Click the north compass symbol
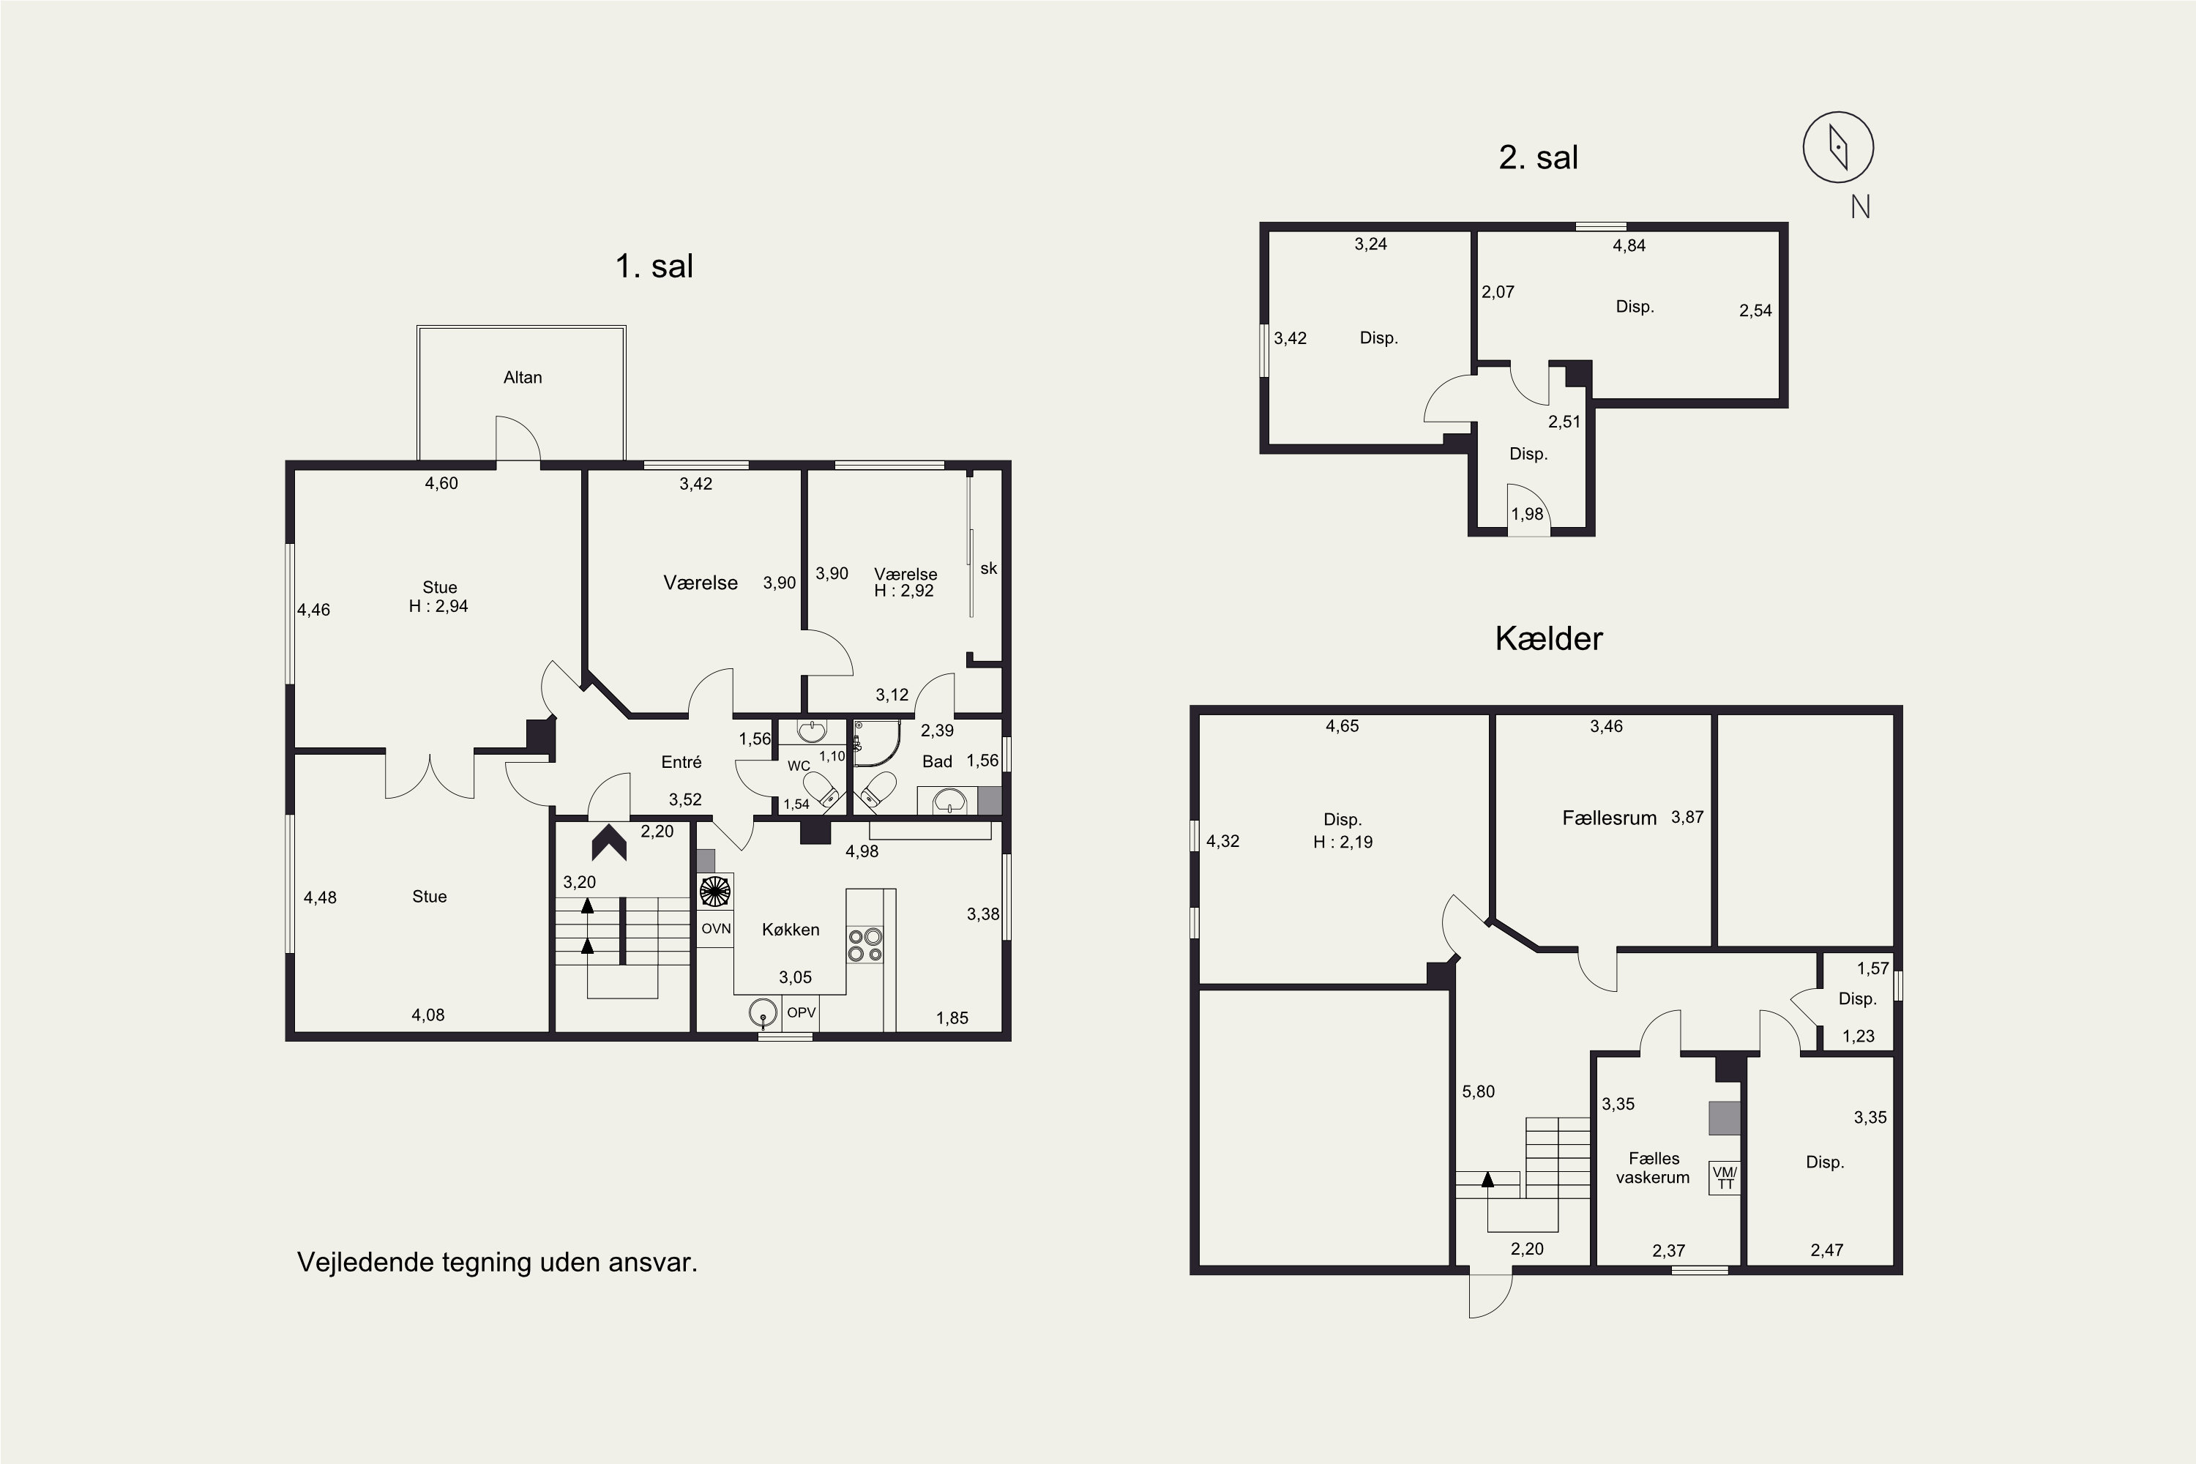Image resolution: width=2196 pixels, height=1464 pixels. tap(1837, 148)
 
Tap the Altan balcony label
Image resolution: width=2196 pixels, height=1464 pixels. tap(522, 377)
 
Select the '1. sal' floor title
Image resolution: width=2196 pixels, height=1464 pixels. tap(654, 266)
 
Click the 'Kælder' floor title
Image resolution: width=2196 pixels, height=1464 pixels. tap(1548, 638)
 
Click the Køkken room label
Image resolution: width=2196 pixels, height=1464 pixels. tap(790, 929)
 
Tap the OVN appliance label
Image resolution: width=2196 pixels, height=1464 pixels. tap(716, 928)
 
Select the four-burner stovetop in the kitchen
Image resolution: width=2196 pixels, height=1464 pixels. tap(865, 945)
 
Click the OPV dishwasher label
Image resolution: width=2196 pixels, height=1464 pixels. tap(801, 1012)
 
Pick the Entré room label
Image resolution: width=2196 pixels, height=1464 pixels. tap(681, 762)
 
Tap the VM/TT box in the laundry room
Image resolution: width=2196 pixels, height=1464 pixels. tap(1725, 1177)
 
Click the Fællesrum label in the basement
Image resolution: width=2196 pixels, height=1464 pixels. tap(1609, 818)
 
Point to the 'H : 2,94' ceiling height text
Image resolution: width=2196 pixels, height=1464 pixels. tap(438, 606)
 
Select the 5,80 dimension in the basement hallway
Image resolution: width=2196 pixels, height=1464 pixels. tap(1478, 1091)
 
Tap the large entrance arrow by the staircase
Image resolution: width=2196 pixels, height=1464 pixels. tap(609, 843)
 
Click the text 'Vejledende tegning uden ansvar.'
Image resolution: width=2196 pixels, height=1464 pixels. tap(497, 1262)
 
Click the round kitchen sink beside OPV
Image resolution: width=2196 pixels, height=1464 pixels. tap(763, 1013)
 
